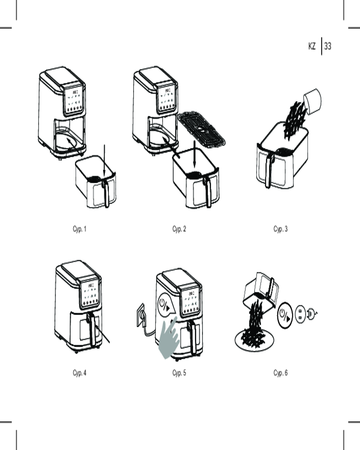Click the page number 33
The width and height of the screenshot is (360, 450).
[328, 46]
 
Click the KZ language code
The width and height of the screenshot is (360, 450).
[312, 46]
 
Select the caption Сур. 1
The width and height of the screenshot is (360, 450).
[79, 229]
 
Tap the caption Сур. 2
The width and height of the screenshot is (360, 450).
[179, 229]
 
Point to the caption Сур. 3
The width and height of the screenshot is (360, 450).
[280, 229]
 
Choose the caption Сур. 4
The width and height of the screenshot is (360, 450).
[79, 373]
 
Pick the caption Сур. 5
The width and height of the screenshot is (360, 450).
[179, 373]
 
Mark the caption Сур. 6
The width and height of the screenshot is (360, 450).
[280, 373]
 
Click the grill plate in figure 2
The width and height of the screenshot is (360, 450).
[202, 130]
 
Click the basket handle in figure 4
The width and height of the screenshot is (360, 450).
[92, 329]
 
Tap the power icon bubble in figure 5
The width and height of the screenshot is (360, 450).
[165, 306]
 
